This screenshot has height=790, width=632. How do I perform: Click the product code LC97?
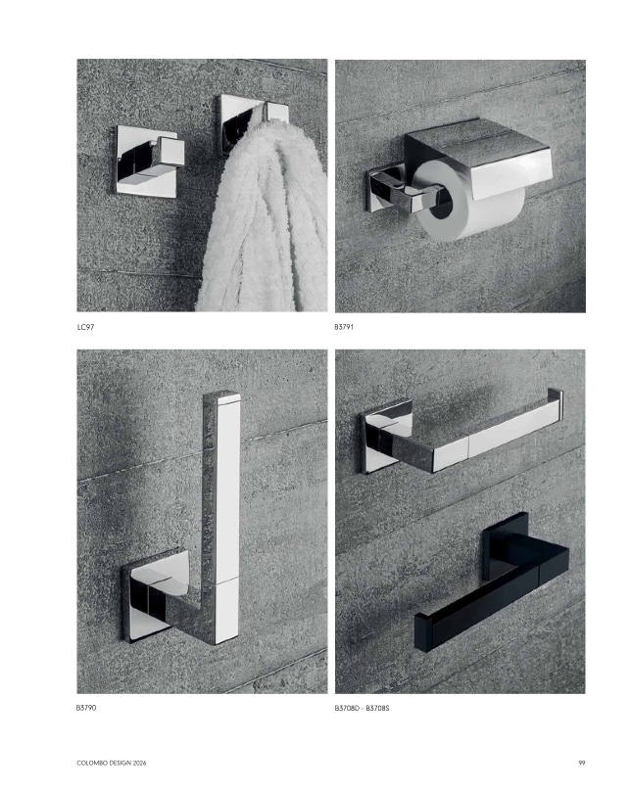86,327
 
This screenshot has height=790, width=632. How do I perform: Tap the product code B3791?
344,327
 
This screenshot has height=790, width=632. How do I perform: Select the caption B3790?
86,708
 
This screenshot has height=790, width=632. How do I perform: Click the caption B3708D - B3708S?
363,708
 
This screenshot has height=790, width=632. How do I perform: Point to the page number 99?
582,763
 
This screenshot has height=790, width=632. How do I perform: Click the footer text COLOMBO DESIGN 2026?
112,763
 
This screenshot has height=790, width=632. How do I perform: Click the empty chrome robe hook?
147,162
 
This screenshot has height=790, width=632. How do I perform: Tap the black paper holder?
492,581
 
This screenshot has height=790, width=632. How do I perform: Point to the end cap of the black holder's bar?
421,632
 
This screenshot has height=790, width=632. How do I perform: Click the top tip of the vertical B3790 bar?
221,393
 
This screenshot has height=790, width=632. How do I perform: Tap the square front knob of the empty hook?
170,152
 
